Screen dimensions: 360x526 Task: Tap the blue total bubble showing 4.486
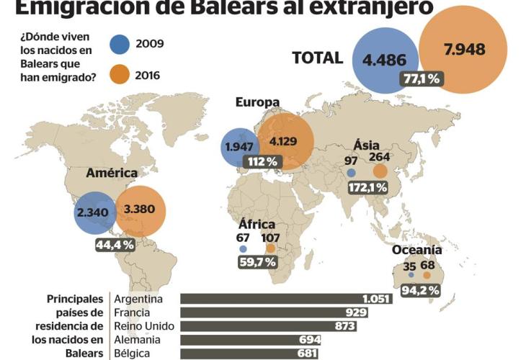385,60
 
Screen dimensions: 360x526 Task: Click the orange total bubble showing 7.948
465,50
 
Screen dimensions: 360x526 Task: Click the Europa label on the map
257,102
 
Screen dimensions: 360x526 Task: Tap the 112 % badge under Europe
262,162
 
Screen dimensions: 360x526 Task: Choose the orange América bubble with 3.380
141,211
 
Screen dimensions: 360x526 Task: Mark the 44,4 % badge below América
115,245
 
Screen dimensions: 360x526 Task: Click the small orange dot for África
270,248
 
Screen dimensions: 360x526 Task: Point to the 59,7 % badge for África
257,262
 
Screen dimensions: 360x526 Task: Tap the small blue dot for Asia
351,173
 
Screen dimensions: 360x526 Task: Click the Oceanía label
416,251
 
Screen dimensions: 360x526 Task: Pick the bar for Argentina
287,299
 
